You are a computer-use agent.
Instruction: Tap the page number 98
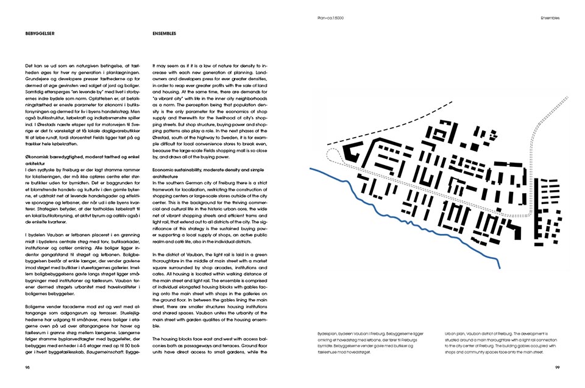coord(27,367)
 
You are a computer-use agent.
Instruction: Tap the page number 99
coord(557,367)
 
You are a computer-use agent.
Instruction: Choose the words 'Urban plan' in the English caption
coord(456,334)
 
